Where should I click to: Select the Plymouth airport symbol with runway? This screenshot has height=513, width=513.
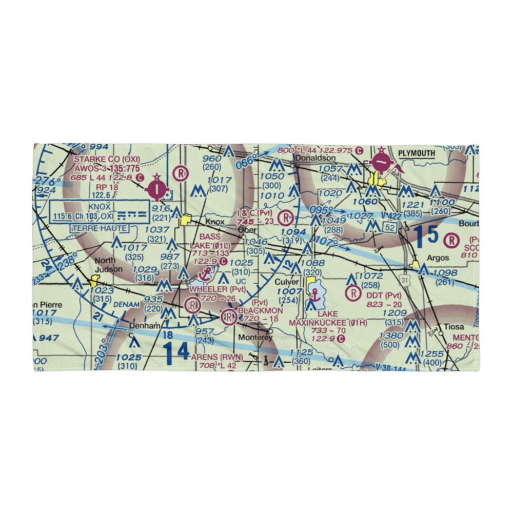click(x=381, y=163)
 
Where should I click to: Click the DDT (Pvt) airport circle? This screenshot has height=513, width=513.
click(x=353, y=293)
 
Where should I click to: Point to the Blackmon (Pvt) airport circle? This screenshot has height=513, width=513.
click(x=228, y=318)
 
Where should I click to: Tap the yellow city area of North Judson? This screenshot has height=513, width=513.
click(x=94, y=281)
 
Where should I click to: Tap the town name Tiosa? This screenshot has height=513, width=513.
click(x=454, y=327)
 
